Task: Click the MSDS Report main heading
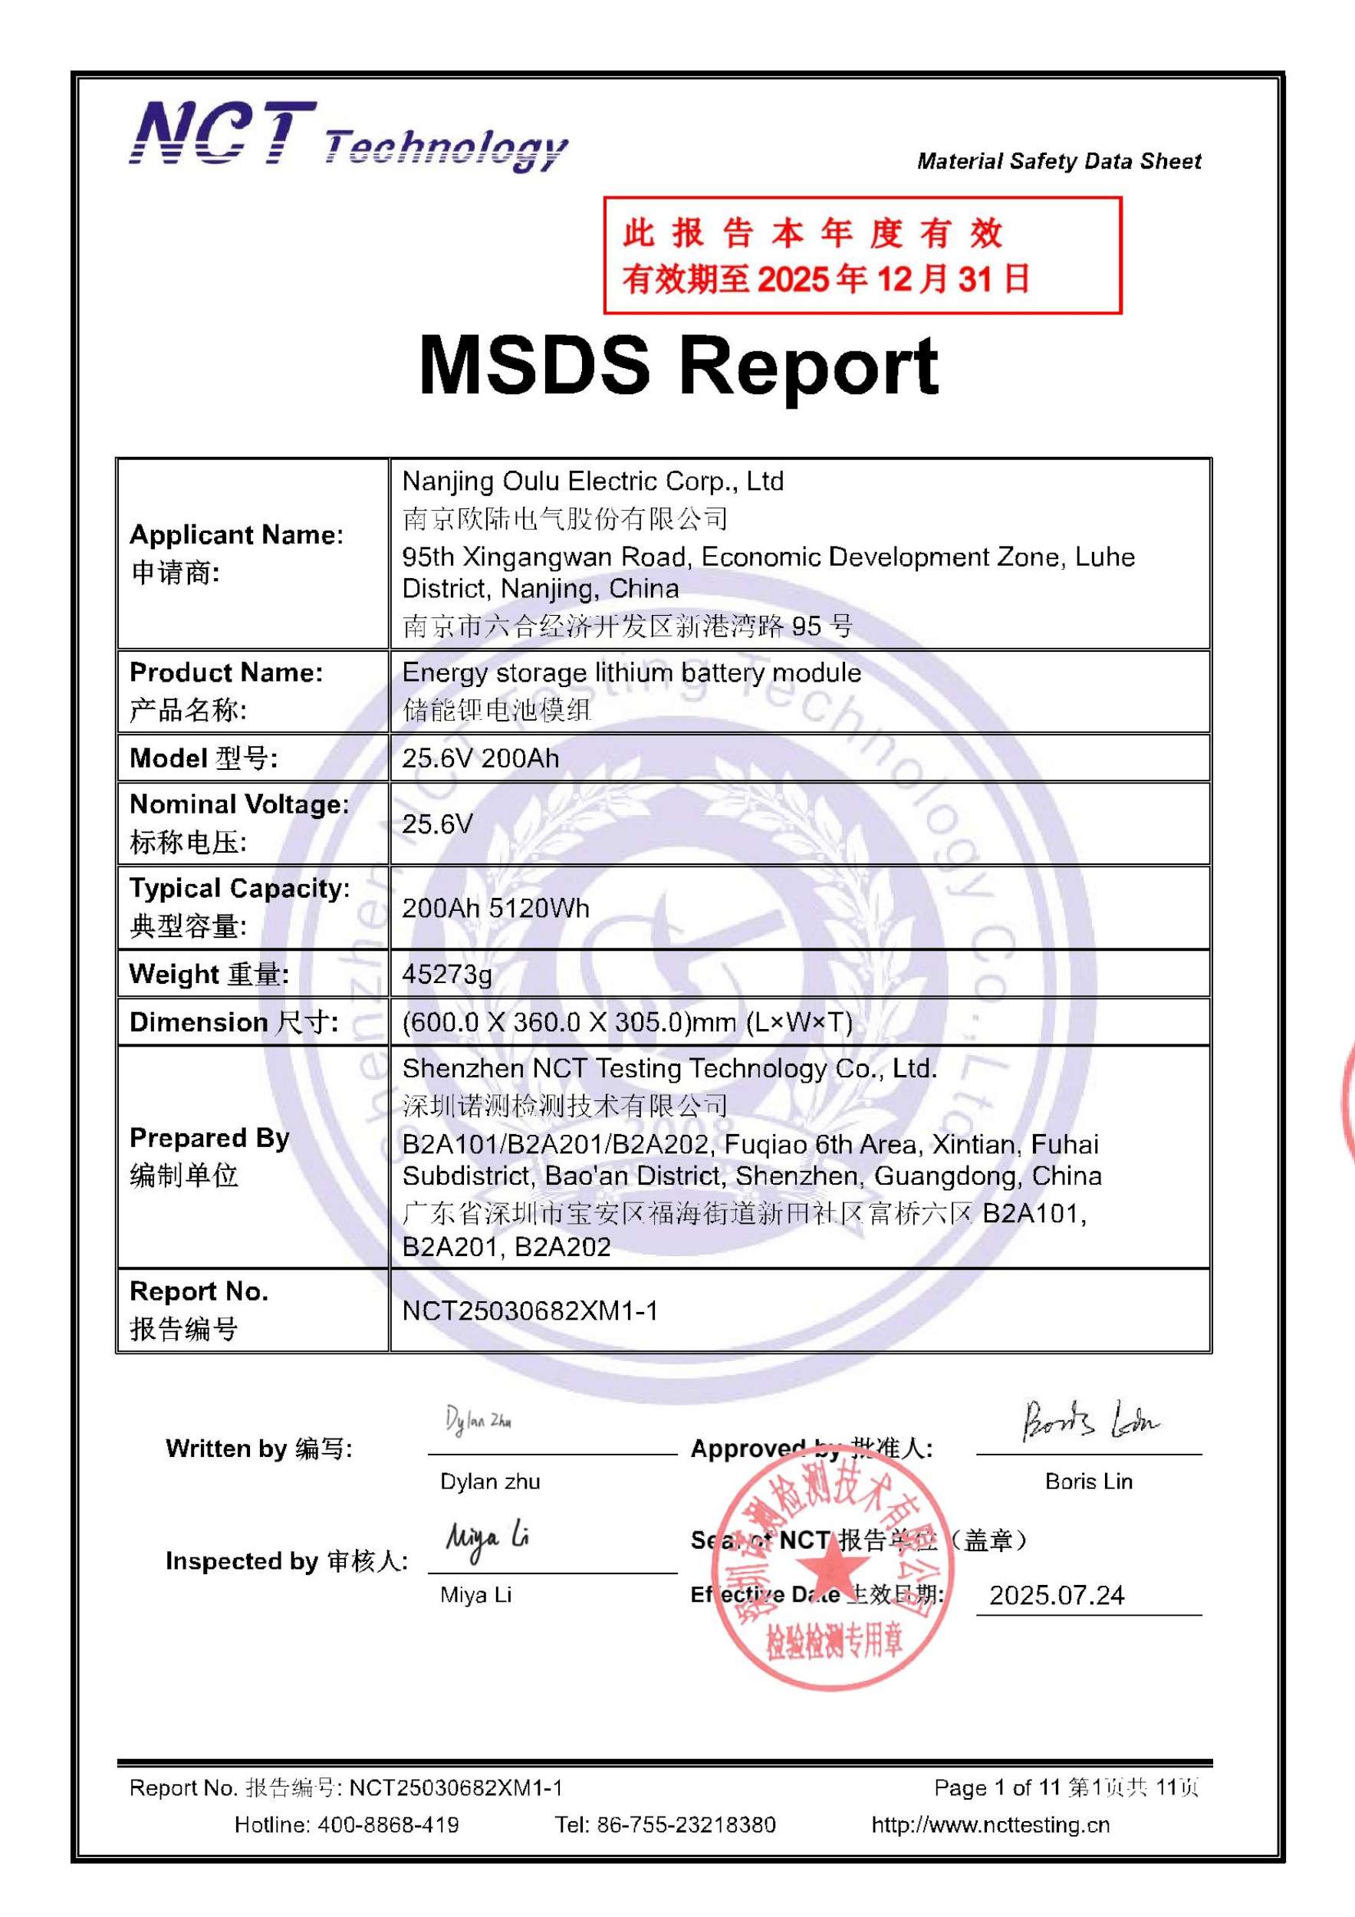(x=678, y=366)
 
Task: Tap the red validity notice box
(x=862, y=255)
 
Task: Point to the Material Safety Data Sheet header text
(x=1059, y=161)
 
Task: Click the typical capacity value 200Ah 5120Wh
(x=495, y=908)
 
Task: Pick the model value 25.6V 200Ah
(x=480, y=758)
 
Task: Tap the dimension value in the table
(x=627, y=1022)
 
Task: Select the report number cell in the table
(x=530, y=1310)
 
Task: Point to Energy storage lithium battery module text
(x=631, y=672)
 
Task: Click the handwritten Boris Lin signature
(x=1089, y=1421)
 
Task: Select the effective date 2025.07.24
(x=1056, y=1596)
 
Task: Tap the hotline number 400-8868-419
(x=387, y=1825)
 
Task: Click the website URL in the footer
(x=990, y=1825)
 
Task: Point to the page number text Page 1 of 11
(x=996, y=1787)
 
